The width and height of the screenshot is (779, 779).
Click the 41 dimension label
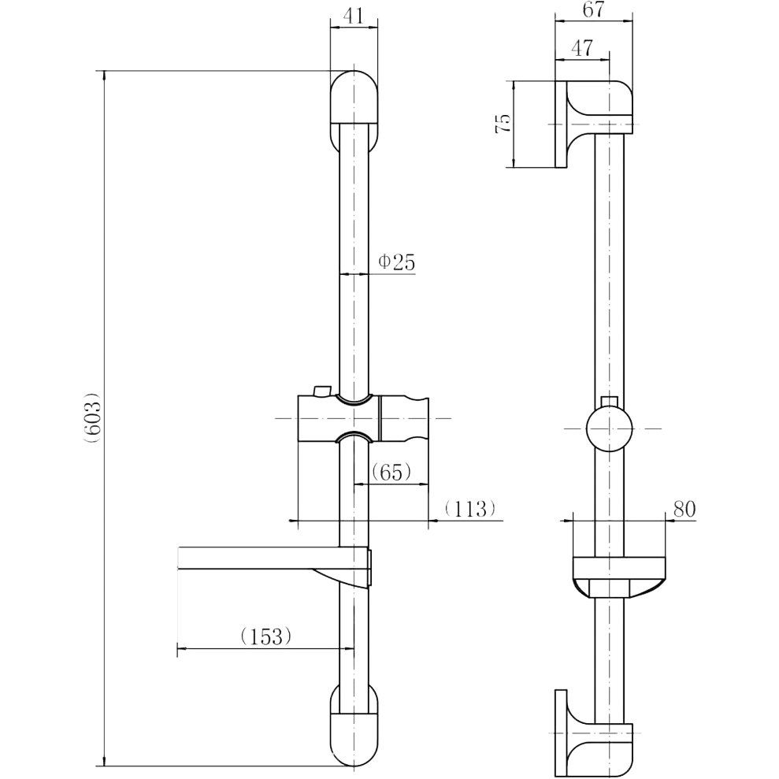coord(354,16)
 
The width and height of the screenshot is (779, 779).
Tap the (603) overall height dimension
coord(93,417)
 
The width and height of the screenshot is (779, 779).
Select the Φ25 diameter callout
coord(396,262)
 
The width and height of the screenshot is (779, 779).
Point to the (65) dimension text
coord(391,472)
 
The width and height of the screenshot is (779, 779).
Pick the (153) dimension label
coord(265,636)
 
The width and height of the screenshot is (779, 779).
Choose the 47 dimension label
coord(582,48)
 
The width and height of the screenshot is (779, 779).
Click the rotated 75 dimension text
coord(503,123)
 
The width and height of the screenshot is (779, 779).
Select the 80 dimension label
coord(684,510)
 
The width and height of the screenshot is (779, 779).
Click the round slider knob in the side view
coord(609,428)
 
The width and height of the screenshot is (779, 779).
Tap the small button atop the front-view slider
coord(322,391)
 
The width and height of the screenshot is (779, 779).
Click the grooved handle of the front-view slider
coord(404,417)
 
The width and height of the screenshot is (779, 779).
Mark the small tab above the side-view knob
coord(609,402)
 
